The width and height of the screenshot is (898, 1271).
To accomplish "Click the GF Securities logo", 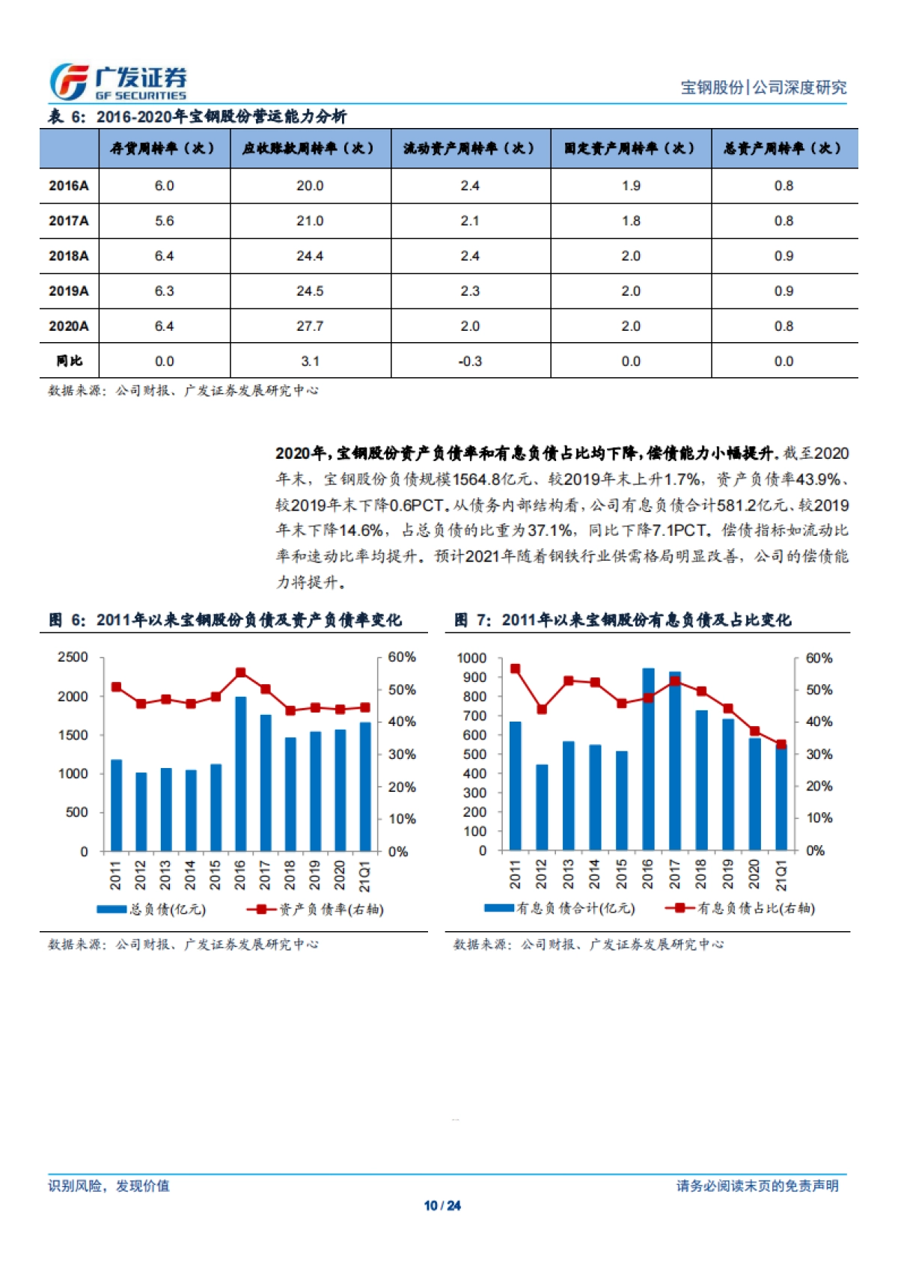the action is (117, 82).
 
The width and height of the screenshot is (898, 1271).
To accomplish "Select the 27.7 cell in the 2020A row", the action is (310, 326).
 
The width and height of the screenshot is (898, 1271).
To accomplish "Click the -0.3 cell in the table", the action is (470, 362).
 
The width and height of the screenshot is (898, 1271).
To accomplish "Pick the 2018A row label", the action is (69, 256).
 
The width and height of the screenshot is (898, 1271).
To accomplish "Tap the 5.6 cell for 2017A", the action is (164, 221).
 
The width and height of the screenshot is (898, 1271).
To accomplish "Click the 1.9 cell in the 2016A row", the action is (631, 186).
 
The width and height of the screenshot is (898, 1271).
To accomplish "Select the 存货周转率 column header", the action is (163, 148).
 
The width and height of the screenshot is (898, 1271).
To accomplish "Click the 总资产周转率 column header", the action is (783, 148).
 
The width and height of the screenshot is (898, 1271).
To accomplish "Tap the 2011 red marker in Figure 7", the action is (515, 669).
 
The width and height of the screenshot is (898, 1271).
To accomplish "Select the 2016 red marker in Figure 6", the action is (240, 673).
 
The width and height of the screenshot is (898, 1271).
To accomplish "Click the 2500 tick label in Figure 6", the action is (73, 657).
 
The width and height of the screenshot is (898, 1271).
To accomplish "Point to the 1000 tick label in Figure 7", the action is (471, 658).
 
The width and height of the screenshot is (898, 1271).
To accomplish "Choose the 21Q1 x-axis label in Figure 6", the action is (364, 876).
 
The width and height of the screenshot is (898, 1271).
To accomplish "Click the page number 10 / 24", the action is (442, 1206).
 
